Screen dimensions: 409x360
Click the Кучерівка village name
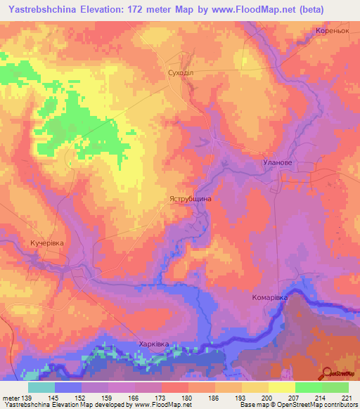[47, 242]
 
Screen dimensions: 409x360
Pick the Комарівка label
[271, 298]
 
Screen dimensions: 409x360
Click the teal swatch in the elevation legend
[41, 387]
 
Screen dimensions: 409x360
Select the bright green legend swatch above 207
[309, 387]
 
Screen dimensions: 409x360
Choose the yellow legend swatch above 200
[282, 387]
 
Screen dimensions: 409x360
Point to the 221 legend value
[348, 397]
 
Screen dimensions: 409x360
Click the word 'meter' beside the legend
[11, 397]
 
